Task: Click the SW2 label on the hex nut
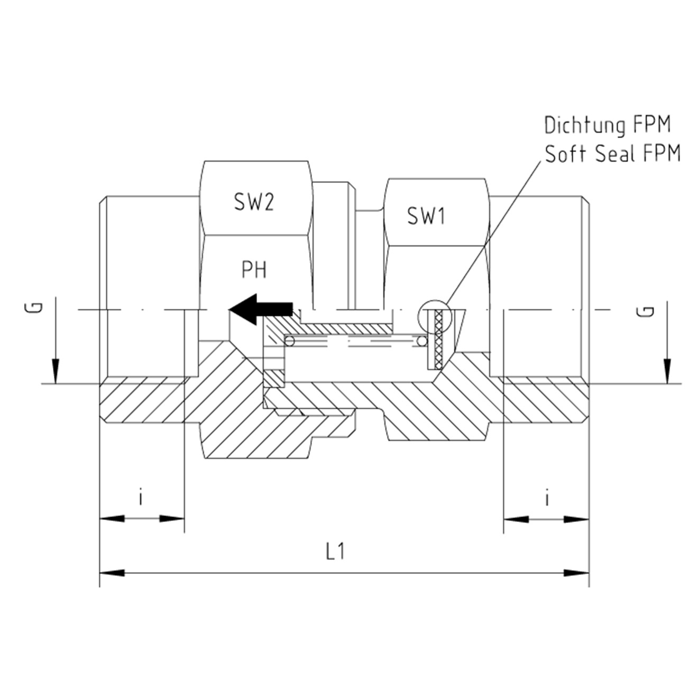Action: pyautogui.click(x=254, y=203)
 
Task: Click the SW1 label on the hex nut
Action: pyautogui.click(x=426, y=216)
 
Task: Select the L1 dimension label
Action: pyautogui.click(x=335, y=552)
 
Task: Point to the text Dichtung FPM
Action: pyautogui.click(x=607, y=126)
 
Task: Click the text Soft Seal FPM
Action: pyautogui.click(x=612, y=154)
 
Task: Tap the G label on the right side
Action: pyautogui.click(x=649, y=311)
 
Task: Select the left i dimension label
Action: pyautogui.click(x=141, y=498)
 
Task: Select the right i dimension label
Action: pyautogui.click(x=547, y=498)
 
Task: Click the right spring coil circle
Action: pyautogui.click(x=421, y=341)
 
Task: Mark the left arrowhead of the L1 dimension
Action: pyautogui.click(x=112, y=573)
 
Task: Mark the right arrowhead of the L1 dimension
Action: pyautogui.click(x=576, y=573)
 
